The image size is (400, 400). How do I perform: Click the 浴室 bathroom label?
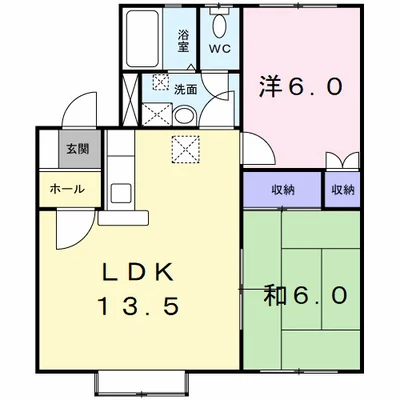pos(184,40)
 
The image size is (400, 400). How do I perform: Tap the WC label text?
pos(218,46)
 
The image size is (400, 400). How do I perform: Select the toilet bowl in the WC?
pos(220,22)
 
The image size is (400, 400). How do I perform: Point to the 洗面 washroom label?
pos(186,88)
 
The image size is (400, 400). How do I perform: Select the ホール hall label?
pos(68,188)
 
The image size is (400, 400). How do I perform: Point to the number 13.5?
pos(139,306)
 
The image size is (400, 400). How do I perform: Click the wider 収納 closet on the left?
pos(282,188)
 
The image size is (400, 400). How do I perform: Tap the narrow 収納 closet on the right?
pos(342,188)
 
